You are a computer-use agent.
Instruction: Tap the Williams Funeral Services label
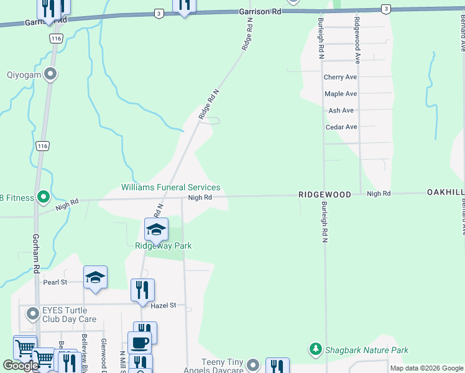click(x=170, y=187)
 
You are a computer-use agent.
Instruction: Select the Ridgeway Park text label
click(x=163, y=246)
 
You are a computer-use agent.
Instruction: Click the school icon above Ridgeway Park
click(x=157, y=229)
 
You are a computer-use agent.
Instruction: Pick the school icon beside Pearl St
click(x=96, y=277)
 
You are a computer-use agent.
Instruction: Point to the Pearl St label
click(x=55, y=282)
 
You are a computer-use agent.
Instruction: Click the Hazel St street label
click(x=163, y=305)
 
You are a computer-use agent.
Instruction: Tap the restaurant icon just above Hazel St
click(x=142, y=289)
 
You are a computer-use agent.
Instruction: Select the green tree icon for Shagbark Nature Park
click(x=316, y=349)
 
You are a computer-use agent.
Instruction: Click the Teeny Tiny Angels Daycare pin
click(x=252, y=364)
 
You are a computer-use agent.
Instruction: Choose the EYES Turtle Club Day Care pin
click(x=30, y=314)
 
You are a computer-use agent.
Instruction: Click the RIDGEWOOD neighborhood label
click(x=325, y=195)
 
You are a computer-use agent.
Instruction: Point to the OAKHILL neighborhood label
click(x=445, y=193)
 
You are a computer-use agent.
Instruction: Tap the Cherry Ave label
click(x=341, y=77)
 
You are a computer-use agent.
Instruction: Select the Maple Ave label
click(x=341, y=94)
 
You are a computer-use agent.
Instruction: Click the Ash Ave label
click(x=341, y=110)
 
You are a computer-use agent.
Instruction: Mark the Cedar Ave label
click(x=341, y=127)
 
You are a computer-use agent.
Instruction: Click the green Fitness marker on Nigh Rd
click(x=43, y=198)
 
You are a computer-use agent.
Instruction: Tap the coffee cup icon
click(x=139, y=342)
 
